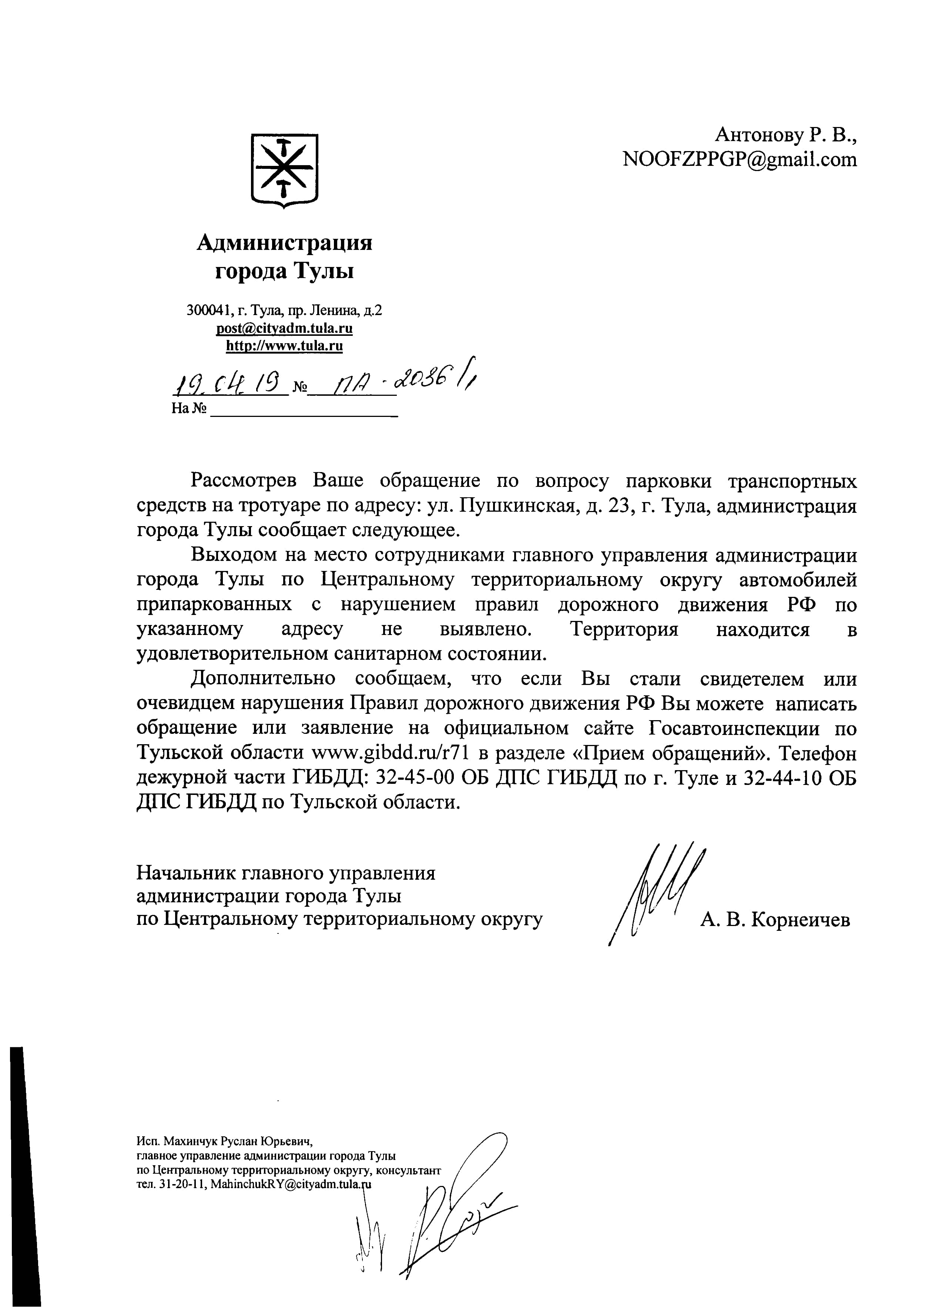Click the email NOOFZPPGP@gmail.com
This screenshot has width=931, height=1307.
[x=740, y=159]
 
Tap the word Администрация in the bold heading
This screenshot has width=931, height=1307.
[x=284, y=243]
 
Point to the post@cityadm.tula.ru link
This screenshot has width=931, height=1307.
[x=284, y=328]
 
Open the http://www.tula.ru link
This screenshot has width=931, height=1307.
[x=284, y=346]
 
